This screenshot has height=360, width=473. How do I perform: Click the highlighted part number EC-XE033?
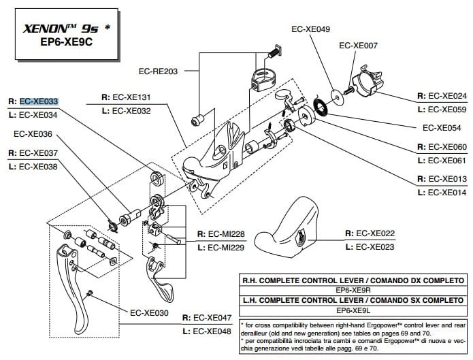[39, 100]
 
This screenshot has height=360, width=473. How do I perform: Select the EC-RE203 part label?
[157, 70]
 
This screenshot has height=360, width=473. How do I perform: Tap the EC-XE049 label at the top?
[311, 29]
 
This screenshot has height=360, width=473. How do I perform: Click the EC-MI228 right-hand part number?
[225, 234]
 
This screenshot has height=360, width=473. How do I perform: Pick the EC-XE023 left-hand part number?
[375, 247]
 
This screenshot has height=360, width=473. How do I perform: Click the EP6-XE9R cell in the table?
[353, 290]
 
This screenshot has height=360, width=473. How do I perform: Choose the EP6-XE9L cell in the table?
[353, 310]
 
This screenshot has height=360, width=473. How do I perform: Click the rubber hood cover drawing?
[287, 224]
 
